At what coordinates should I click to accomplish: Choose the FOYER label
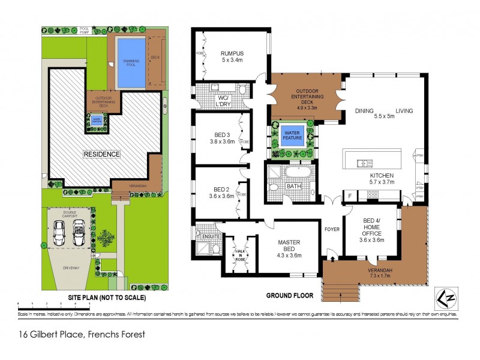[332, 229]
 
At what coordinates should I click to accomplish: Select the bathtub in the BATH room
[298, 175]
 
